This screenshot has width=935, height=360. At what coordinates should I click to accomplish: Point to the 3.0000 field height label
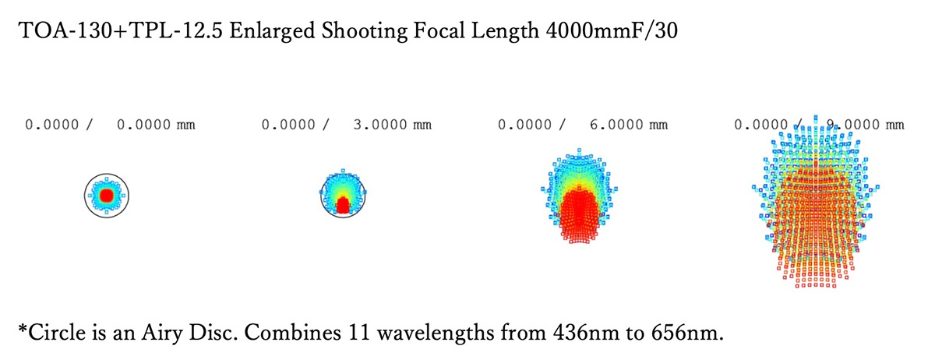(x=379, y=124)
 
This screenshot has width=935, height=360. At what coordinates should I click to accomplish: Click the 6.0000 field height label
(x=616, y=124)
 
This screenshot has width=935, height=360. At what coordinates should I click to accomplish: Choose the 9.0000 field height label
(x=852, y=124)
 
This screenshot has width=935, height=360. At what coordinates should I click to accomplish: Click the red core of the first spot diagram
(x=106, y=193)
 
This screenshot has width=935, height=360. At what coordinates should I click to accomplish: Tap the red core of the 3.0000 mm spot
(x=343, y=205)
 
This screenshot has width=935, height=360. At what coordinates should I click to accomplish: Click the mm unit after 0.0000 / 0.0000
(x=185, y=125)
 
